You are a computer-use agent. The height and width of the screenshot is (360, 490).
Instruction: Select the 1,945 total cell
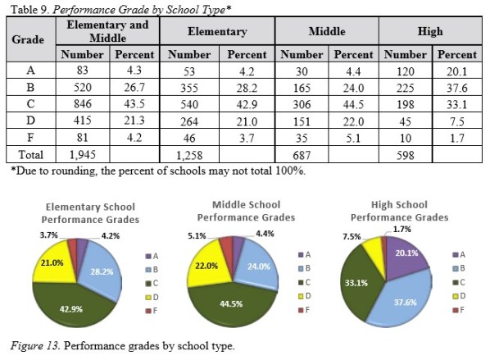point(80,153)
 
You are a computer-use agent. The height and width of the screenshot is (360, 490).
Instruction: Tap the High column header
point(429,31)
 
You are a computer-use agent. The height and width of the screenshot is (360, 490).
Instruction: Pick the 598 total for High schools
point(400,153)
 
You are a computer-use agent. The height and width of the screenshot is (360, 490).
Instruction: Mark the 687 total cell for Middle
point(294,153)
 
